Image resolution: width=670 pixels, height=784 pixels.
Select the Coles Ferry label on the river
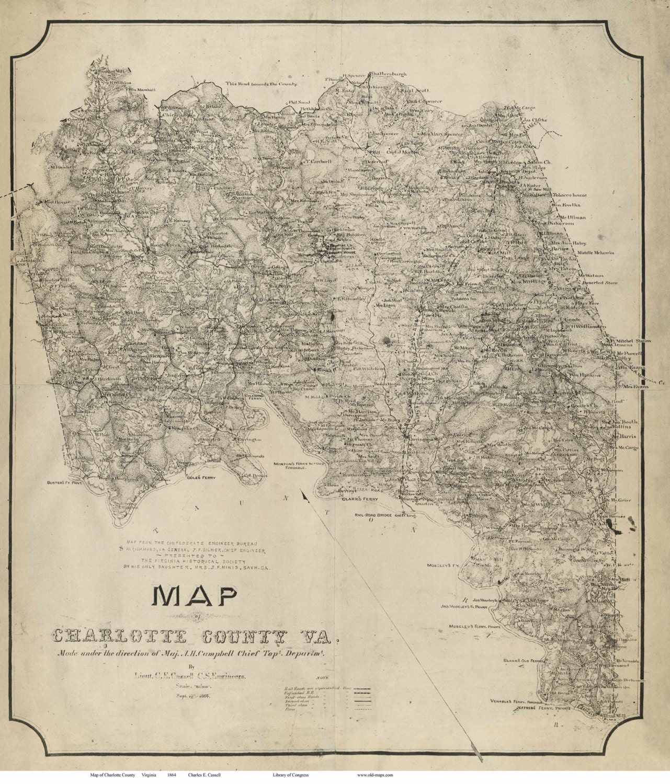click(198, 478)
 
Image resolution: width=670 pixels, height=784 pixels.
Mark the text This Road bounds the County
click(262, 84)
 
